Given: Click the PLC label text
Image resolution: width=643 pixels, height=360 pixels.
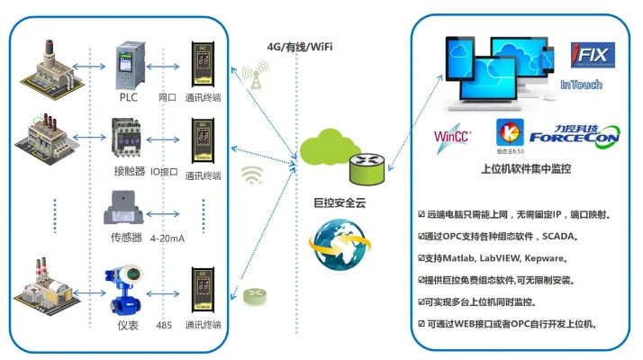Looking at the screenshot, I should pos(127,96).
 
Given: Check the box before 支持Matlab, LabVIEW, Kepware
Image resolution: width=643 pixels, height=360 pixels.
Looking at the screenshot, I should pos(422,259).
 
